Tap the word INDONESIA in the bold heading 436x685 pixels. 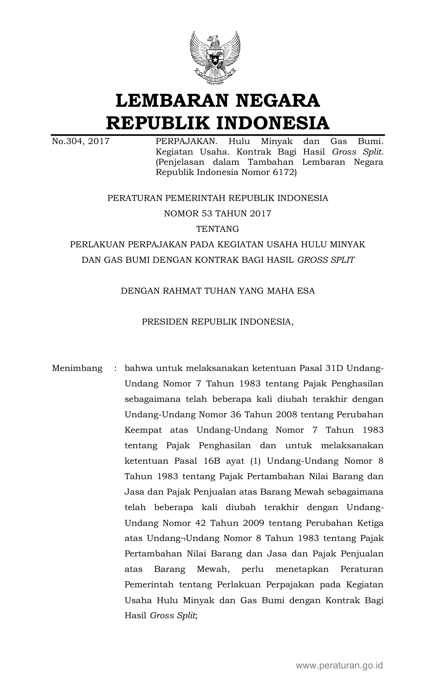click(x=272, y=123)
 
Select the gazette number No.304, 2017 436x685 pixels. click(x=80, y=142)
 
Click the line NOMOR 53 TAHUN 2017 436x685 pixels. click(x=217, y=214)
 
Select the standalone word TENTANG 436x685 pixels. click(x=217, y=229)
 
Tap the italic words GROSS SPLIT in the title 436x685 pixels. click(x=326, y=260)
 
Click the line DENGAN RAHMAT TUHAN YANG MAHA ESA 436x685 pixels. click(x=217, y=291)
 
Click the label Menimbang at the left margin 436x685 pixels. click(x=77, y=368)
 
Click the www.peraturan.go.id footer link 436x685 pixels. click(x=339, y=665)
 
